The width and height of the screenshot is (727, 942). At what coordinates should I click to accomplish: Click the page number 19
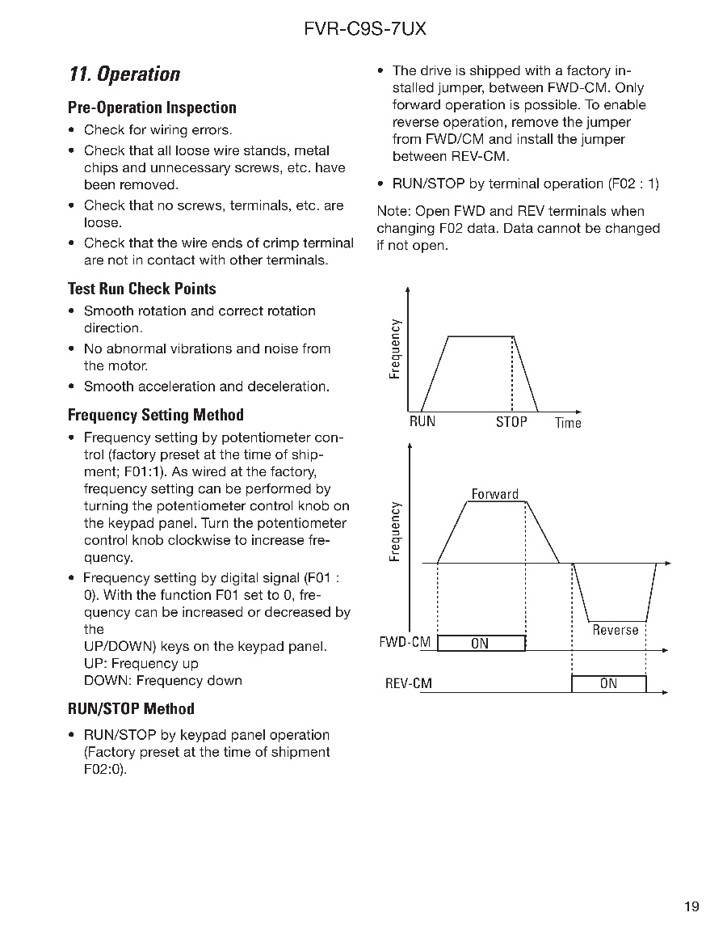[691, 906]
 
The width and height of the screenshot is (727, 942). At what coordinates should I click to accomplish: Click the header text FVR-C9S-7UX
[365, 30]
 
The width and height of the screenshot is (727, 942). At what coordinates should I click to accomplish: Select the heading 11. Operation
[124, 74]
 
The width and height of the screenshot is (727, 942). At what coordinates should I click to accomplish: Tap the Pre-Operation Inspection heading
[153, 108]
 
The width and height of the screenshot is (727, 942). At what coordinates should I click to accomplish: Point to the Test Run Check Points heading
[142, 289]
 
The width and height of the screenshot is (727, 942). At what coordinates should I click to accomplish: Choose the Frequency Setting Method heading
[156, 415]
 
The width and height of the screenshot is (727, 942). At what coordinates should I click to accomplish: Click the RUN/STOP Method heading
[132, 709]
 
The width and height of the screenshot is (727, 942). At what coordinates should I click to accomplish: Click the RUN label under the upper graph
[422, 422]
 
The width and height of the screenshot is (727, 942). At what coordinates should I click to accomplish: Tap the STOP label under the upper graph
[511, 422]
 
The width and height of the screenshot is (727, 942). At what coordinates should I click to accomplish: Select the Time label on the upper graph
[568, 423]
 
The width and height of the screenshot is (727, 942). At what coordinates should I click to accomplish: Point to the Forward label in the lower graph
[495, 494]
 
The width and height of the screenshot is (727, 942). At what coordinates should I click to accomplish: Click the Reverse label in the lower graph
[616, 630]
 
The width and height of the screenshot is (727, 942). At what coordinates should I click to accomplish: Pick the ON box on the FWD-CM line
[481, 644]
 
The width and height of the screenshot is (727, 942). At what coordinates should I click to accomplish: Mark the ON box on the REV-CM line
[609, 684]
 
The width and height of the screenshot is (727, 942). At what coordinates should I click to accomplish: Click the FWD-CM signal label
[406, 643]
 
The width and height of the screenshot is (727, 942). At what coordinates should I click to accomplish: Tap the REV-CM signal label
[409, 684]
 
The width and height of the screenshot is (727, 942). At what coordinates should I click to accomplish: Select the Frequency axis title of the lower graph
[394, 531]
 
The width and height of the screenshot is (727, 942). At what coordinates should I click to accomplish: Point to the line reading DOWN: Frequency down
[163, 681]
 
